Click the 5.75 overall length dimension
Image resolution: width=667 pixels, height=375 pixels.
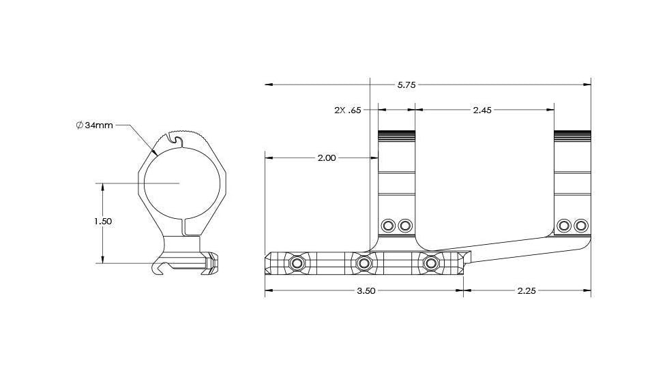pyautogui.click(x=406, y=85)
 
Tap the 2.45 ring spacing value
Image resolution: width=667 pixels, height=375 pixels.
pyautogui.click(x=482, y=109)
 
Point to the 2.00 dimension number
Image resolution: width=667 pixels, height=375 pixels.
pyautogui.click(x=327, y=157)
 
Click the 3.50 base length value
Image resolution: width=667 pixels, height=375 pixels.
pyautogui.click(x=366, y=290)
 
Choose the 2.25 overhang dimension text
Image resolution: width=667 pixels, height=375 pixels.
pyautogui.click(x=526, y=290)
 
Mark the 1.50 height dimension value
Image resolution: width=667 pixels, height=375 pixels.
pyautogui.click(x=102, y=222)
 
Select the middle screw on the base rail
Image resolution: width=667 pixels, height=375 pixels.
pyautogui.click(x=364, y=262)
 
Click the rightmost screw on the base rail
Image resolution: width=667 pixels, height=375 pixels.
pyautogui.click(x=430, y=262)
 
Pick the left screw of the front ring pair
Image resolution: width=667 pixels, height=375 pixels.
pyautogui.click(x=388, y=225)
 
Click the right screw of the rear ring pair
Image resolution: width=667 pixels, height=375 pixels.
pyautogui.click(x=581, y=225)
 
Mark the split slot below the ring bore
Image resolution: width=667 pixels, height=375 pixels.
pyautogui.click(x=184, y=227)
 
